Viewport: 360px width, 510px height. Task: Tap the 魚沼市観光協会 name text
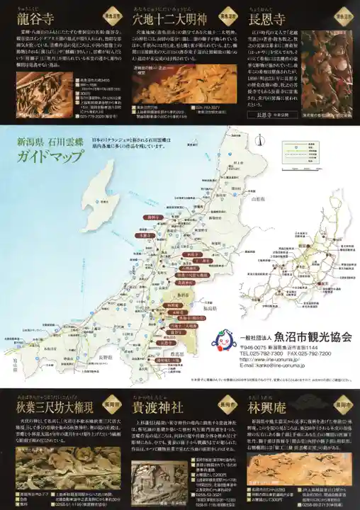pos(313,337)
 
